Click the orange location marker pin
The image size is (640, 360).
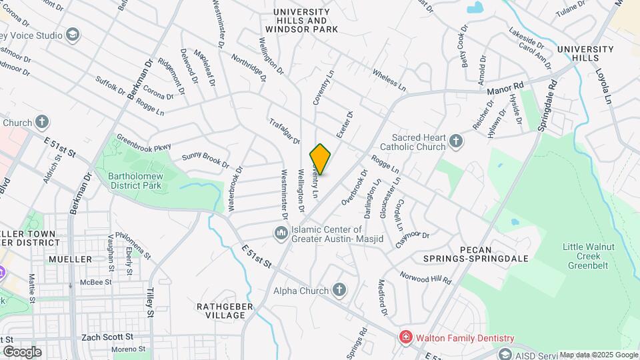coord(321,159)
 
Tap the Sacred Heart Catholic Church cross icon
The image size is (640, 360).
coord(456,141)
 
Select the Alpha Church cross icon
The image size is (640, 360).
coord(339,290)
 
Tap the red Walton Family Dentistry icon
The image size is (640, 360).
coord(404,338)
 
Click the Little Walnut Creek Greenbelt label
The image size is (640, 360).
coord(596,255)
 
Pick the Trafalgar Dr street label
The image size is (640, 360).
coord(285,131)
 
